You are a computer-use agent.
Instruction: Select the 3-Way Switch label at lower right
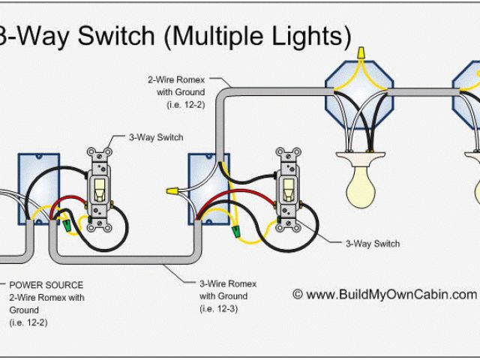(x=372, y=244)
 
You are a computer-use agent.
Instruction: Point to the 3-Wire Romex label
(x=228, y=284)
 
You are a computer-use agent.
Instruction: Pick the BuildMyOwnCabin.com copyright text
(x=384, y=294)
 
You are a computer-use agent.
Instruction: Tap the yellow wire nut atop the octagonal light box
(x=361, y=54)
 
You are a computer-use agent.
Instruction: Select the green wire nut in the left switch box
(x=69, y=223)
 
